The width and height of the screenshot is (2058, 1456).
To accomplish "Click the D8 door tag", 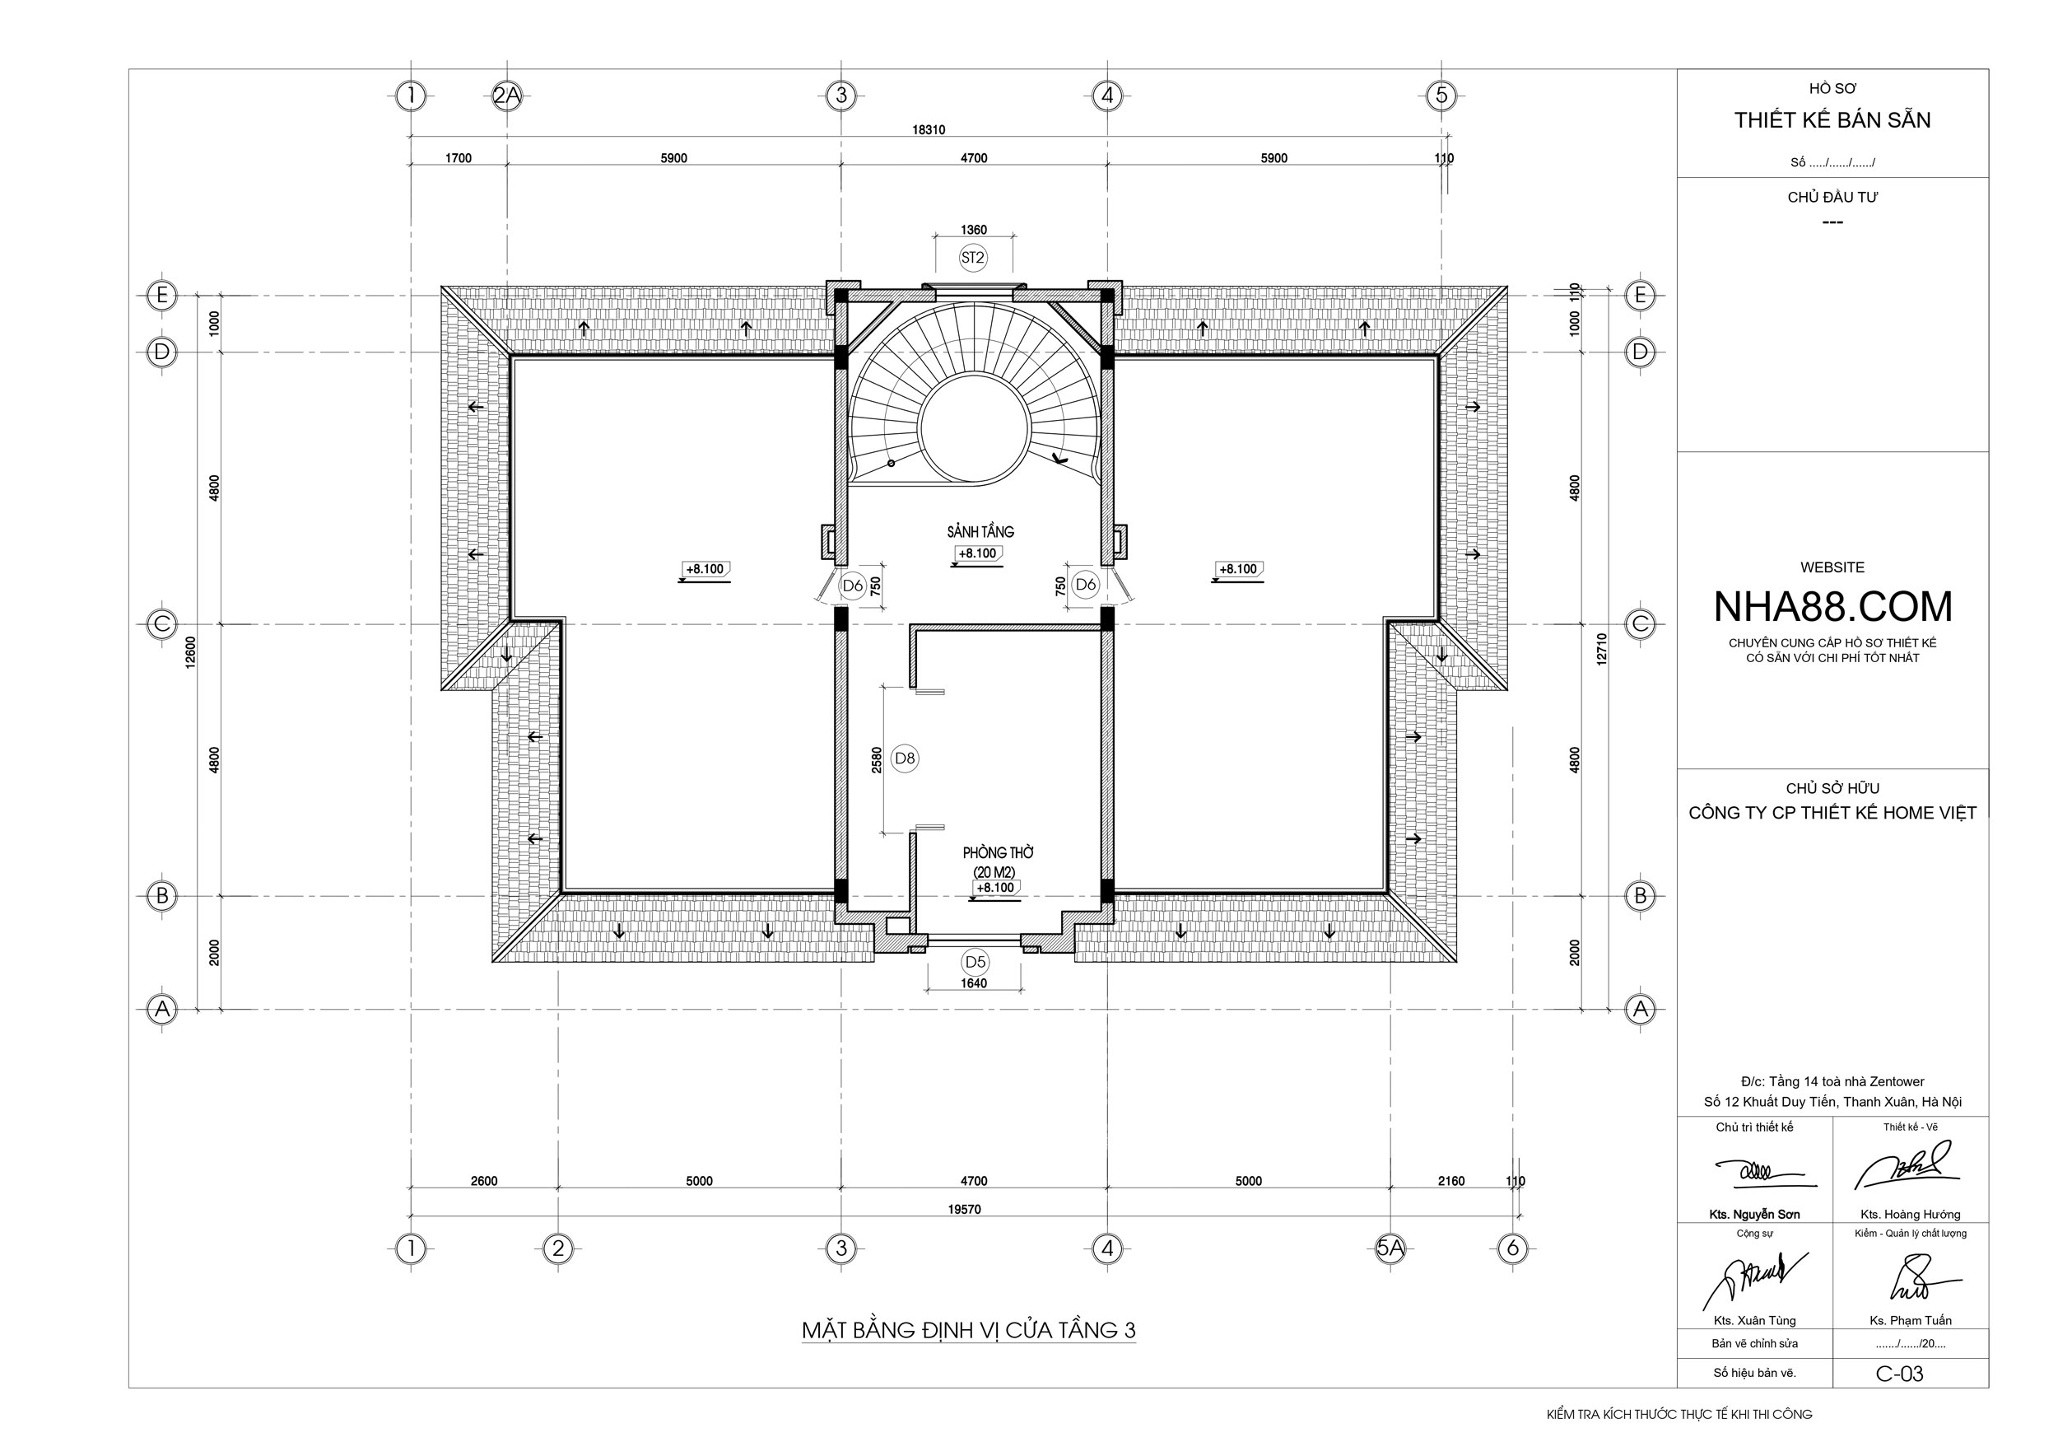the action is coord(906,758).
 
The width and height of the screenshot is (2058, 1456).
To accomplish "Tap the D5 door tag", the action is coord(975,963).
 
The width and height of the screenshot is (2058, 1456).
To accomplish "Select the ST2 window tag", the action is coord(972,259).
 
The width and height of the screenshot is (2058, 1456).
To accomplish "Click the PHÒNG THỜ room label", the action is coord(999,852).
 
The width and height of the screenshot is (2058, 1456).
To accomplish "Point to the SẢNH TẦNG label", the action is coord(980,532).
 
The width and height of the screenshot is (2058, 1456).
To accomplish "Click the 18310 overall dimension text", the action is coord(929,130).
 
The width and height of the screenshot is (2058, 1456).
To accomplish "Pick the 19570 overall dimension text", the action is coord(965,1210).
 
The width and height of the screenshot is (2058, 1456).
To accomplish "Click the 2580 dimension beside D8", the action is coord(877,759).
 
